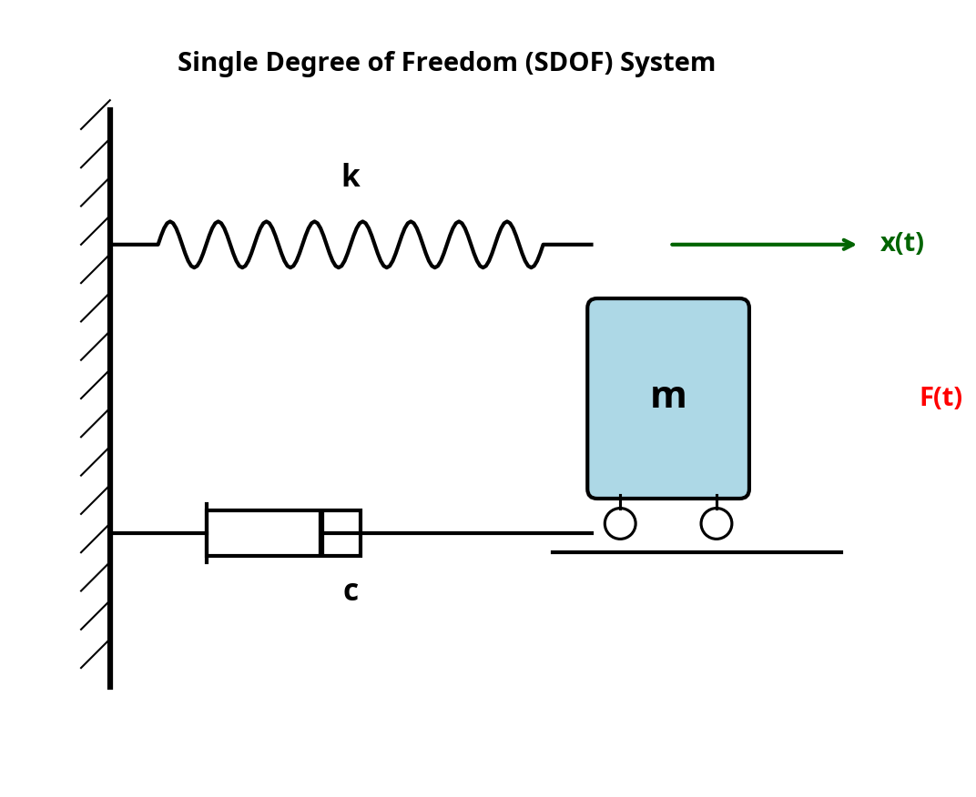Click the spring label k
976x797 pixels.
click(x=351, y=177)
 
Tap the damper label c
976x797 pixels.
click(x=351, y=591)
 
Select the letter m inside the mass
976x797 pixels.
click(x=668, y=397)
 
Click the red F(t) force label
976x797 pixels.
click(x=940, y=398)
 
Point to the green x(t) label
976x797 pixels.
click(x=901, y=244)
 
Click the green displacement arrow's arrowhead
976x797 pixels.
click(x=849, y=244)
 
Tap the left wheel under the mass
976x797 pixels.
click(x=620, y=523)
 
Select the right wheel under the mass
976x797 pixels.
click(x=717, y=523)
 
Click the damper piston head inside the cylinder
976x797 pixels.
click(x=321, y=533)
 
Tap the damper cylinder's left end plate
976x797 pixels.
click(x=207, y=533)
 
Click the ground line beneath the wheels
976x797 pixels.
click(x=696, y=552)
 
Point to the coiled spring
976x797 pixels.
click(x=351, y=244)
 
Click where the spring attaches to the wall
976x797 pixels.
click(x=112, y=244)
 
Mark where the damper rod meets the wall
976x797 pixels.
click(x=112, y=533)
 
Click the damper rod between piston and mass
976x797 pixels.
click(x=473, y=533)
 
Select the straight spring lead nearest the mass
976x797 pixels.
click(x=568, y=244)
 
